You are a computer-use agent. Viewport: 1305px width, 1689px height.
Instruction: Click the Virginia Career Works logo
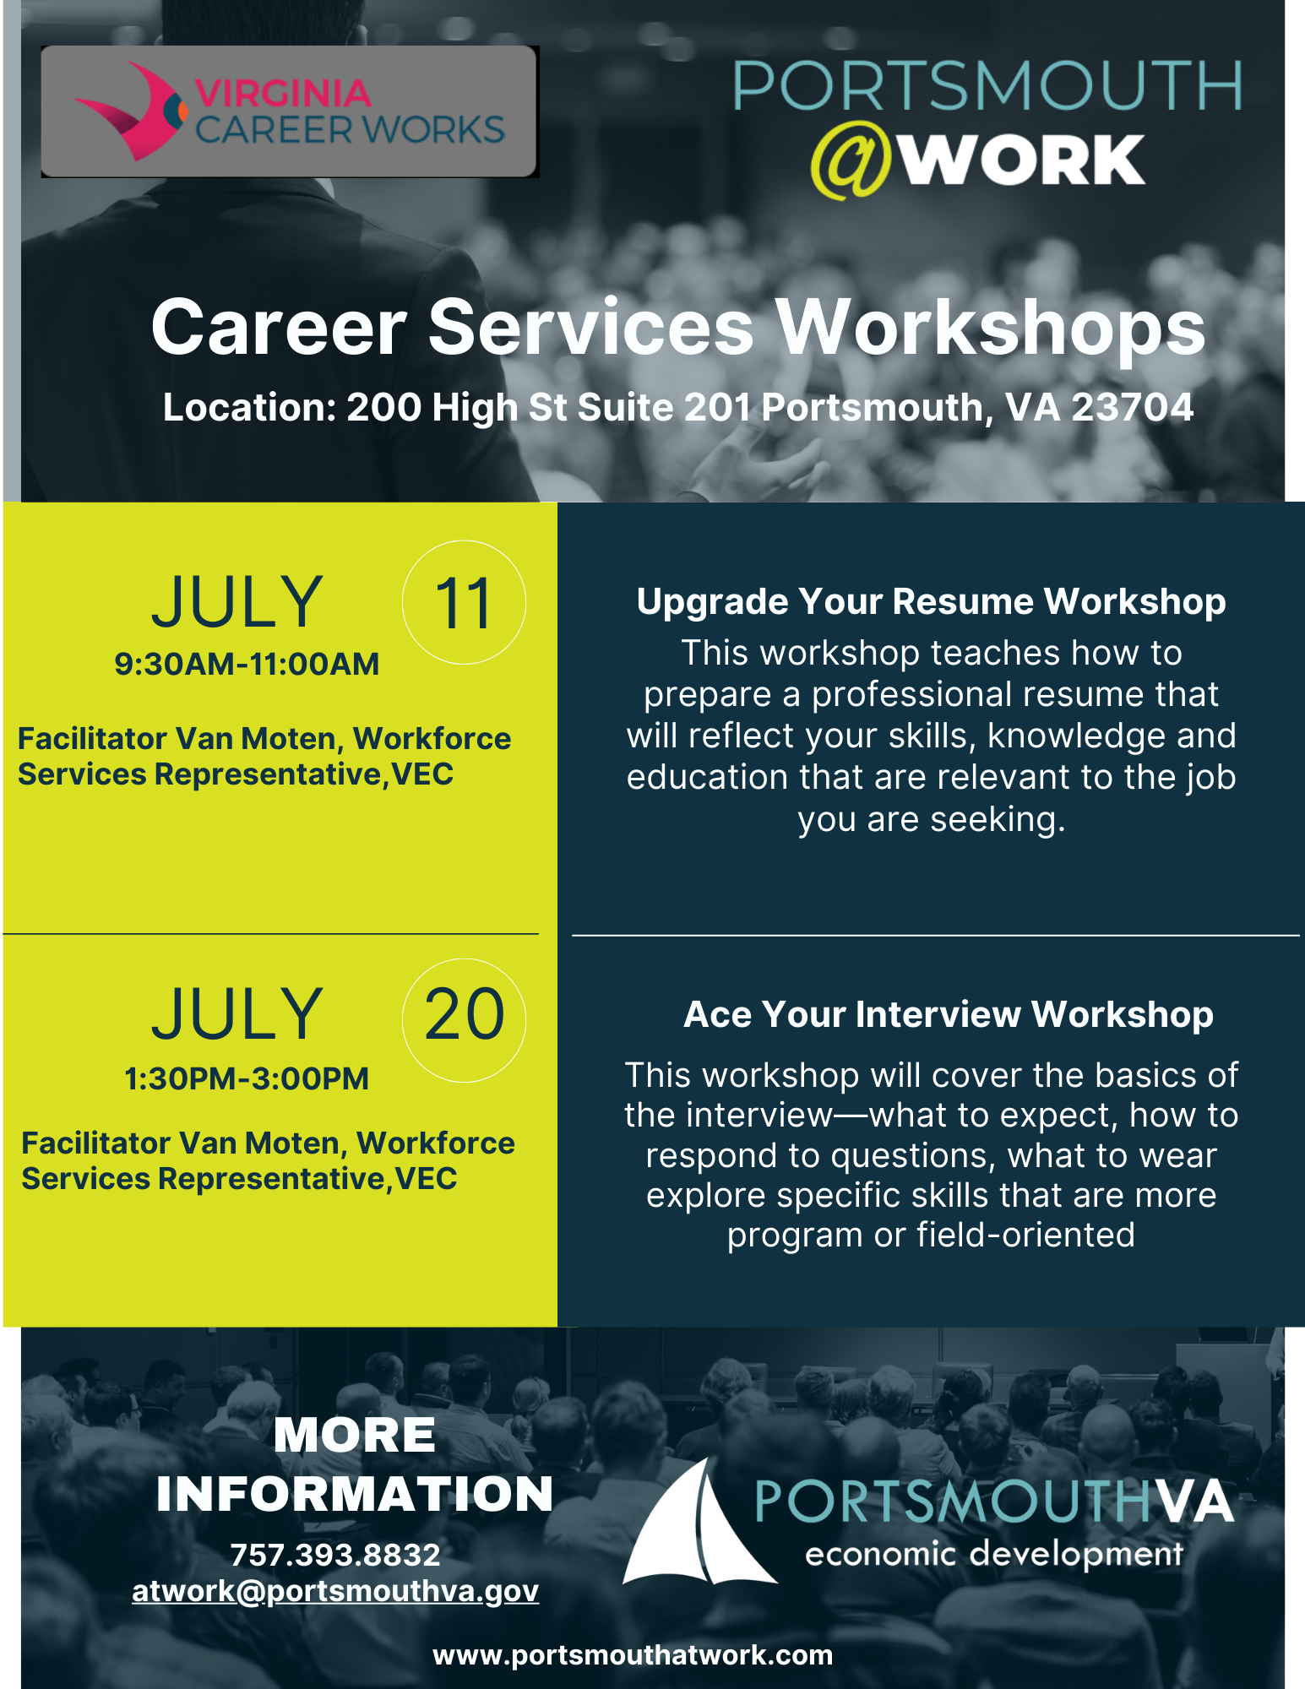tap(289, 111)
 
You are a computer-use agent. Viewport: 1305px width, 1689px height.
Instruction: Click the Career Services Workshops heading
tap(678, 328)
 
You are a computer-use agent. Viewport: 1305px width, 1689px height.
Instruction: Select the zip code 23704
tap(1133, 407)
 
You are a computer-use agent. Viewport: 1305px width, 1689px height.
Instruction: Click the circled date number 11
tap(464, 602)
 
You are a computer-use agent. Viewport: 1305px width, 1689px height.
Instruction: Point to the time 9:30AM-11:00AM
tap(247, 664)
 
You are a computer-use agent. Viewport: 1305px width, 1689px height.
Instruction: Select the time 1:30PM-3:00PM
tap(247, 1078)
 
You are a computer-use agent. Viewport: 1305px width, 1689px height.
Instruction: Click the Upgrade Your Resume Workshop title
tap(931, 602)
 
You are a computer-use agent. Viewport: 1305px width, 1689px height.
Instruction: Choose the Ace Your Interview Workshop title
tap(949, 1014)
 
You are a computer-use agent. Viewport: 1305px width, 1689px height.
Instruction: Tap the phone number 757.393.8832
tap(335, 1554)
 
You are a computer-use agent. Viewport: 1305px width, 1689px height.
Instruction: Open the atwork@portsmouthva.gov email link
tap(335, 1591)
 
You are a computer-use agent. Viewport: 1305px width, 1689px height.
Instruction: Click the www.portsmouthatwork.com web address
tap(633, 1655)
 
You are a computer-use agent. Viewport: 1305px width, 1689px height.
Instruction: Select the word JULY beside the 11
tap(237, 602)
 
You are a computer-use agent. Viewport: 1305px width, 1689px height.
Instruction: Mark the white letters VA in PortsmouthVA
tap(1194, 1502)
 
